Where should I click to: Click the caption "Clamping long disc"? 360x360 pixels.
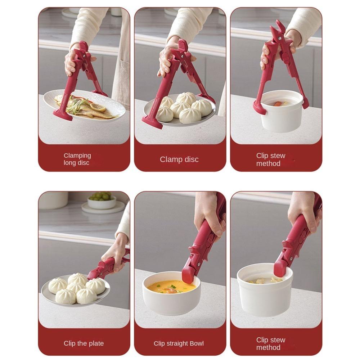coord(77,159)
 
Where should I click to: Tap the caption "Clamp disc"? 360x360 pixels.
coord(179,159)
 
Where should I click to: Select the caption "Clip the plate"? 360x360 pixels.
coord(84,343)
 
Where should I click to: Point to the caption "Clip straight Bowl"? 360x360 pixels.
coord(179,343)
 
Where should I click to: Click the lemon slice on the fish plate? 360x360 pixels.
coord(98,107)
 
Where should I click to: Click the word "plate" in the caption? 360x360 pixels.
coord(95,343)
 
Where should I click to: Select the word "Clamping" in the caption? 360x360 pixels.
coord(77,156)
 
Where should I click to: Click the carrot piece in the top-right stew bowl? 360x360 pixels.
coord(278,104)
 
